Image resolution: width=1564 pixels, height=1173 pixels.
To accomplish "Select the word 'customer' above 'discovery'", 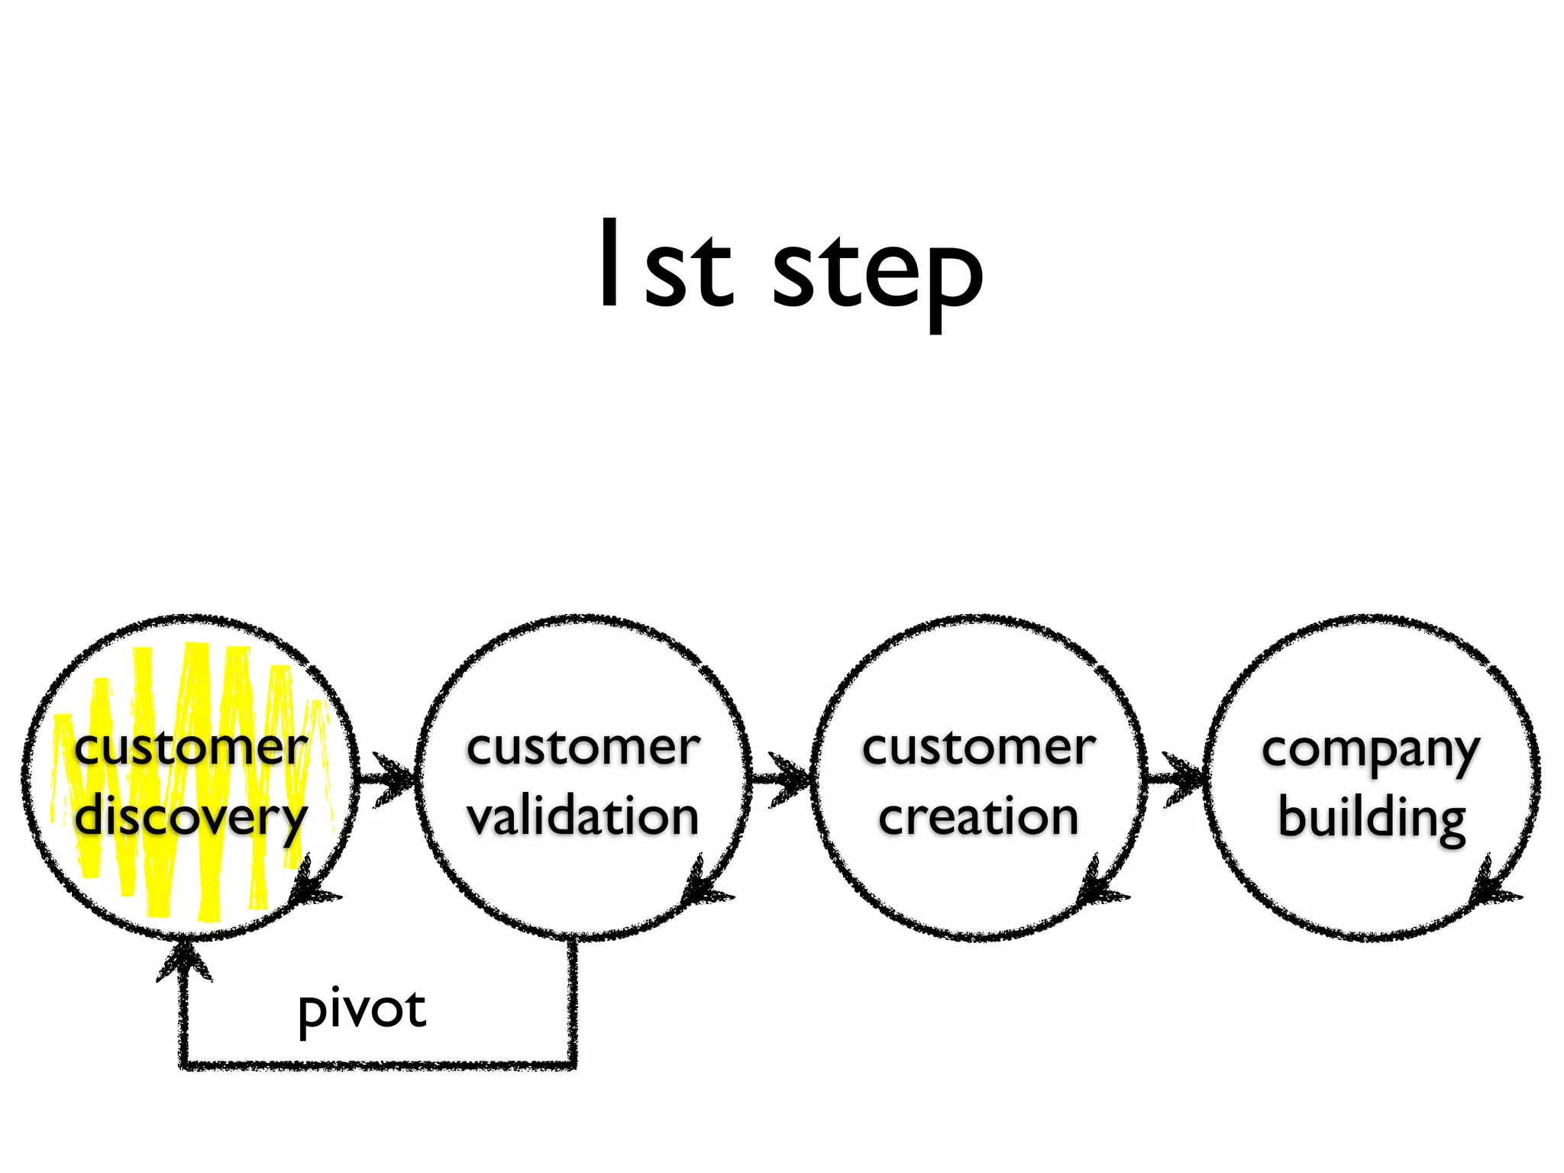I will click(191, 748).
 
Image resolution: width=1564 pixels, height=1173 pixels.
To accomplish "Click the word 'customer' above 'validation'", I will click(583, 748).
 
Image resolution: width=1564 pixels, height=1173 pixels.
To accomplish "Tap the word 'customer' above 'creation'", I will click(978, 748).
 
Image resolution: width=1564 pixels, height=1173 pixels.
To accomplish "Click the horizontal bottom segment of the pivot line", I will click(378, 1063).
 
